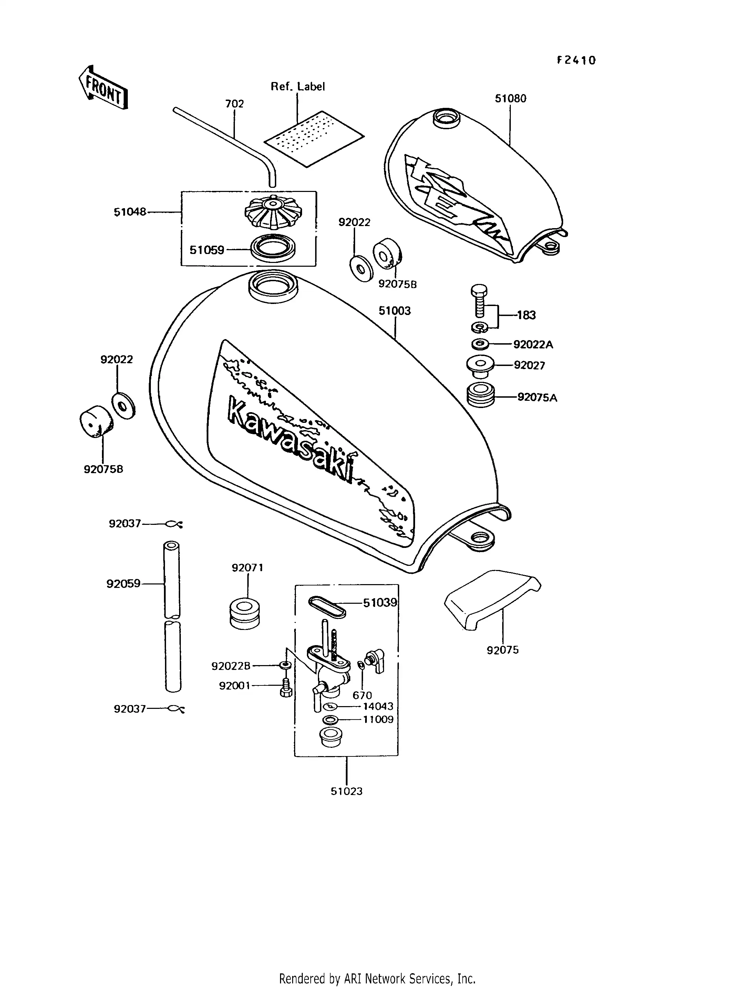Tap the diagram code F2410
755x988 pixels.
tap(576, 60)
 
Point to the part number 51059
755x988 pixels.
tap(207, 250)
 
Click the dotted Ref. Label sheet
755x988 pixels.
tap(314, 139)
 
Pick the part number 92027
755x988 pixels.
tap(529, 365)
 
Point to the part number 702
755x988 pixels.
tap(234, 104)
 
